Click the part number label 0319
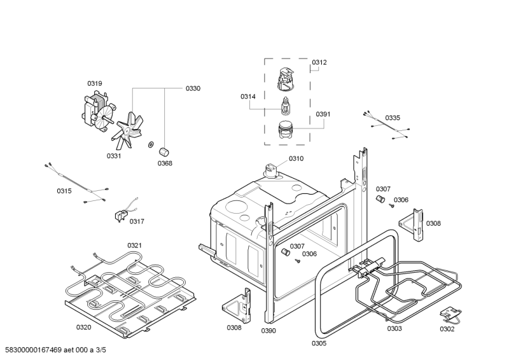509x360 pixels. tap(95, 83)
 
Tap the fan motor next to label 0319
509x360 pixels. tap(96, 113)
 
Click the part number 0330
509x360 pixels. tap(193, 88)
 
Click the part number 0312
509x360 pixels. tap(319, 62)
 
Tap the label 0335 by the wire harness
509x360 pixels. tap(393, 118)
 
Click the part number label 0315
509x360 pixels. tap(64, 191)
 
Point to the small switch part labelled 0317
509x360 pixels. tap(119, 216)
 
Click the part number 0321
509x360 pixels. tap(134, 246)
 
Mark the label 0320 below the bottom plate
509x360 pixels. tap(84, 328)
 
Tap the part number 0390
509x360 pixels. tap(268, 331)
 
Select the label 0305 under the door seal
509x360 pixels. tap(319, 343)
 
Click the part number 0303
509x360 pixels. tap(394, 329)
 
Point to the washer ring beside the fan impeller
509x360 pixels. tap(151, 144)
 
